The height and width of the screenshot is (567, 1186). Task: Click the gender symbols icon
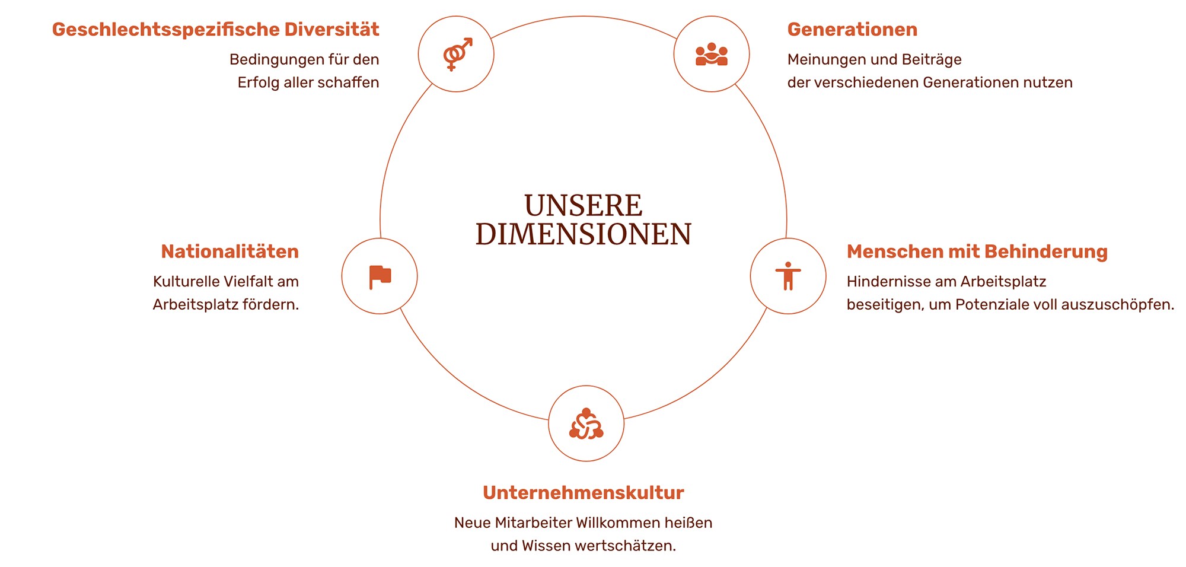coord(457,54)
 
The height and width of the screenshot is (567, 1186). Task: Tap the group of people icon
coord(712,55)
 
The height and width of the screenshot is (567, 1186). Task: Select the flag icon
coord(380,276)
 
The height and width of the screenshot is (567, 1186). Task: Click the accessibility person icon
coord(788,276)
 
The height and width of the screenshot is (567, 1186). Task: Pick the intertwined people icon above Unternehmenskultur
coord(586,423)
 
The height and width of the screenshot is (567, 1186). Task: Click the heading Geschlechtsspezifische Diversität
coord(215,30)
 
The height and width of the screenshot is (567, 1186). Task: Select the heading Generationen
coord(852,30)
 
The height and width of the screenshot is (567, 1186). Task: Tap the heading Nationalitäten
coord(230,251)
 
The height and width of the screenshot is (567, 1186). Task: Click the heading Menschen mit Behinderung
coord(977,251)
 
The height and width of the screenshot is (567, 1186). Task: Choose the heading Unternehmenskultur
coord(584,493)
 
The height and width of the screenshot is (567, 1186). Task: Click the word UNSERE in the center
coord(584,205)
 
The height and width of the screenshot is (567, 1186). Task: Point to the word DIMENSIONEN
coord(584,234)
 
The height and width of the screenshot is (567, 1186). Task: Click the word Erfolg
coord(258,82)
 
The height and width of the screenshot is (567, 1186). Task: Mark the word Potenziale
coord(992,305)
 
